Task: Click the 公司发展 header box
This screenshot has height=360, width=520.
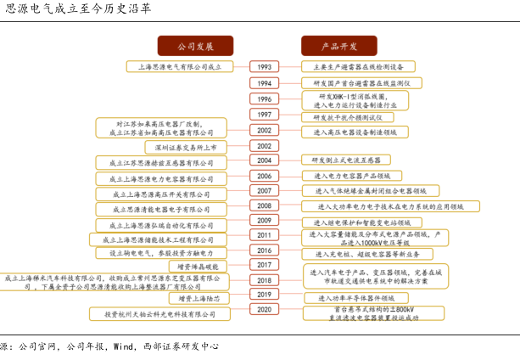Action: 194,46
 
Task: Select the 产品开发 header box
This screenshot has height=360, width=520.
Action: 338,46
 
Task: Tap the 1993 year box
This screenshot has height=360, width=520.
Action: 264,66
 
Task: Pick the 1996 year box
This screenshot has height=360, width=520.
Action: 264,98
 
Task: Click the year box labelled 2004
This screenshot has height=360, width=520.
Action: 264,160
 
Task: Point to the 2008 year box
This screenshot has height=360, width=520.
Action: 264,205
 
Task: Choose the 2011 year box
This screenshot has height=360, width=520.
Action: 264,235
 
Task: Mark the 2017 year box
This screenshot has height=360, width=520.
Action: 264,266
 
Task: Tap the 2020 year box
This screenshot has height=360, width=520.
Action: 264,311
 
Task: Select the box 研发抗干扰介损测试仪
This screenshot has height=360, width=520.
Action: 349,115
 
